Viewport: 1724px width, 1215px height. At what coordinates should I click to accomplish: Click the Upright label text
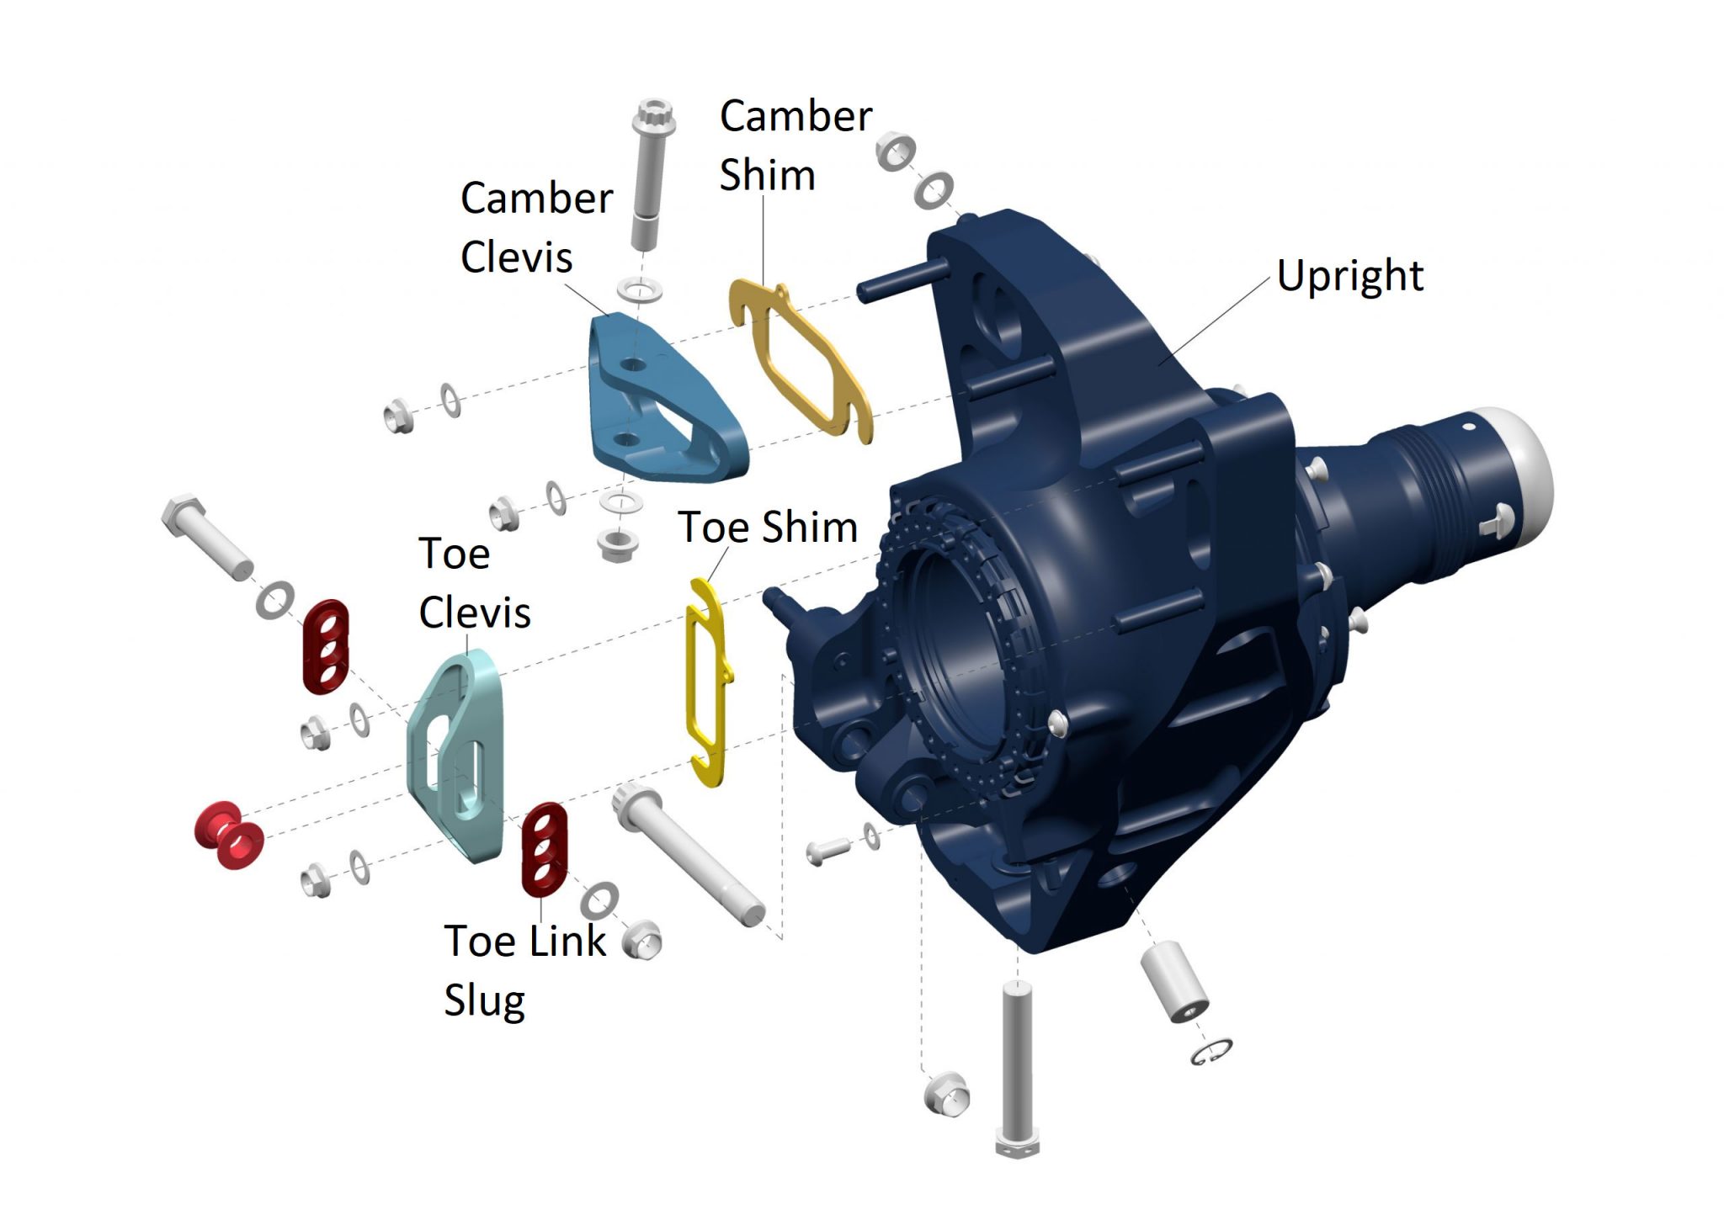pos(1349,276)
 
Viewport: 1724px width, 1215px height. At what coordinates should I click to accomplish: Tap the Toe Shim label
pos(768,528)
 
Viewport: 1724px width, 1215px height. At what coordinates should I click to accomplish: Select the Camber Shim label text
pos(795,146)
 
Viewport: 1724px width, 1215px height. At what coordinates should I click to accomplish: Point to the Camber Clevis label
pos(536,227)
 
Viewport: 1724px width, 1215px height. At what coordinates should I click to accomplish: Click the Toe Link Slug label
pos(524,970)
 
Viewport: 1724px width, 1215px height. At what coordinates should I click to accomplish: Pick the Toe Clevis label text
pos(475,583)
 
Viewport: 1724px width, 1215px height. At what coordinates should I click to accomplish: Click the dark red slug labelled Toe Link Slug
pos(544,849)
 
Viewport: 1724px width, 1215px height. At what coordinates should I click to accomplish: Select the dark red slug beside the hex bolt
pos(325,646)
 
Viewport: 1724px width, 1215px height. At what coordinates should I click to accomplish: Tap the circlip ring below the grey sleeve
pos(1212,1051)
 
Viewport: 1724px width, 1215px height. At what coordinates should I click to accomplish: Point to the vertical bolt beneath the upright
pos(1018,1069)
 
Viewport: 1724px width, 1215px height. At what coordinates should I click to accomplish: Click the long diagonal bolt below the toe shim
pos(689,854)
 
